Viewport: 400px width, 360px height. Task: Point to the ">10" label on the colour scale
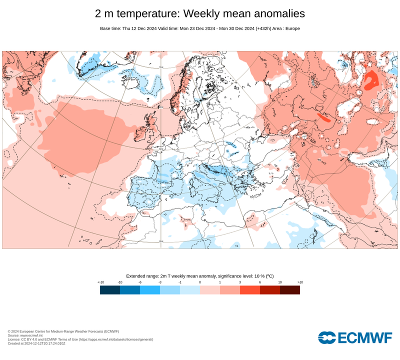click(300, 282)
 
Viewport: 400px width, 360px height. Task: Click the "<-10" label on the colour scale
click(100, 282)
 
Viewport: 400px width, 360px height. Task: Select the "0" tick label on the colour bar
click(200, 282)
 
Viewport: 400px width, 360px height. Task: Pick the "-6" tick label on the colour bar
click(140, 282)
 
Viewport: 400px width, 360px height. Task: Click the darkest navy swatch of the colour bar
click(110, 290)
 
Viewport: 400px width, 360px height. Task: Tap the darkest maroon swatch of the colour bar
click(290, 290)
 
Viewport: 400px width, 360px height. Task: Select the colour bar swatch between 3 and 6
click(250, 290)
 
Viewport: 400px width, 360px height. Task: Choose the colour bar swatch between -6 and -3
click(150, 290)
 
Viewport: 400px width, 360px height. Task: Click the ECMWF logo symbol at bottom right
click(327, 338)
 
